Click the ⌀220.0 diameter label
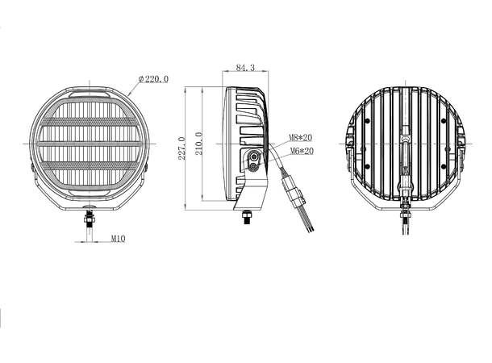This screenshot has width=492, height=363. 153,79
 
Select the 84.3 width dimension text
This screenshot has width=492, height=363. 245,68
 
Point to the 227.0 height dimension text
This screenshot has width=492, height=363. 181,148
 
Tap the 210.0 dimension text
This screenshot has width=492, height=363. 198,144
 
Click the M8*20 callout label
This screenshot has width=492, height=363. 300,137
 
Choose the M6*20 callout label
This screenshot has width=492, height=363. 302,151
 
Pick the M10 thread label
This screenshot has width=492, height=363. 118,239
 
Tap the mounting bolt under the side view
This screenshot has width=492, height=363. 247,216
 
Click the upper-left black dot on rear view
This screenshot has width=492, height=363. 368,121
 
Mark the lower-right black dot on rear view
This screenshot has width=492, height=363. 444,167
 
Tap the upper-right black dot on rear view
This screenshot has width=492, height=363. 444,121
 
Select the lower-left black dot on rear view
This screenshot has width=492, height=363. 368,167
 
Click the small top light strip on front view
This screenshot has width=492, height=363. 90,94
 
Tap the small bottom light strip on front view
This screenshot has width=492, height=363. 90,192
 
